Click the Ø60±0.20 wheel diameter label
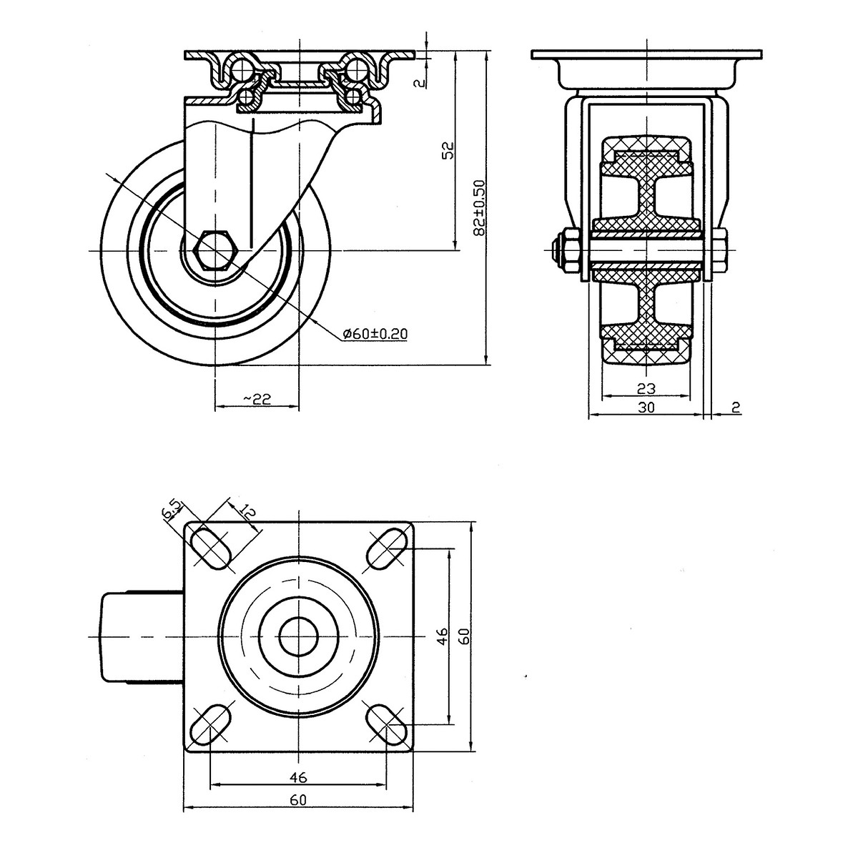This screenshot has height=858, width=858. [x=375, y=333]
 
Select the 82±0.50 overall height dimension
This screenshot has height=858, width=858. [x=479, y=207]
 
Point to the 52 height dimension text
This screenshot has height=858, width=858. [x=449, y=150]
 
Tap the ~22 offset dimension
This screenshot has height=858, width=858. [x=257, y=398]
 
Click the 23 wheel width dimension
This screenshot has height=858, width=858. [x=646, y=389]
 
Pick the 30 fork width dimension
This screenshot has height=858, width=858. [x=646, y=407]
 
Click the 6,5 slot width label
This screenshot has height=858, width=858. [x=172, y=511]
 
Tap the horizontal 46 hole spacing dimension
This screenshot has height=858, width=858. [x=298, y=777]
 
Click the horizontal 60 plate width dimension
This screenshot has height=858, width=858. [x=298, y=799]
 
